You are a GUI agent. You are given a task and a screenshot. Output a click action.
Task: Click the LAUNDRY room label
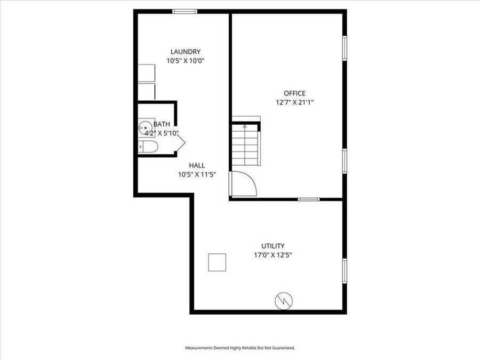[185, 52]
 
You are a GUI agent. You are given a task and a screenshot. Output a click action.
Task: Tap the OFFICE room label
[294, 93]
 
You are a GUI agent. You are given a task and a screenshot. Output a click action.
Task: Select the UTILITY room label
[273, 246]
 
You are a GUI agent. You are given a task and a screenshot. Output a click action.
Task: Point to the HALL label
[197, 165]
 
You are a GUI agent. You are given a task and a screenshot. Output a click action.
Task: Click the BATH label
[162, 124]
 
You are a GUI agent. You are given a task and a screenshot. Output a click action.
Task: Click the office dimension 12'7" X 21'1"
[294, 102]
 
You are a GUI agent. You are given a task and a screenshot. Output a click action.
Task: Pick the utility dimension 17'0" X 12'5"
[273, 255]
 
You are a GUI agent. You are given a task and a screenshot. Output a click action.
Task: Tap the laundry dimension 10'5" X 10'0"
[185, 61]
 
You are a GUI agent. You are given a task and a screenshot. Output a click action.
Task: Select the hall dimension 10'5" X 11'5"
[197, 174]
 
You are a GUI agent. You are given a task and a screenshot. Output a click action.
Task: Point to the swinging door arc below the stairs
[245, 184]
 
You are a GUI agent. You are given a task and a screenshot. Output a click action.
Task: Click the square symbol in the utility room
[217, 263]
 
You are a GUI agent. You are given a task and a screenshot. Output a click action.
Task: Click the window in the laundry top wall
[185, 11]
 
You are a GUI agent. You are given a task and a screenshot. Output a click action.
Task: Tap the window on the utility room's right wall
[345, 271]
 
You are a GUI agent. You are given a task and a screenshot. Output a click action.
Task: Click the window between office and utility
[309, 199]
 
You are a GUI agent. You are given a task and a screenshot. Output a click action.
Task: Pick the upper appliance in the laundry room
[146, 73]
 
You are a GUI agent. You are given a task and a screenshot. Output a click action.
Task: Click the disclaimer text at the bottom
[239, 348]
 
